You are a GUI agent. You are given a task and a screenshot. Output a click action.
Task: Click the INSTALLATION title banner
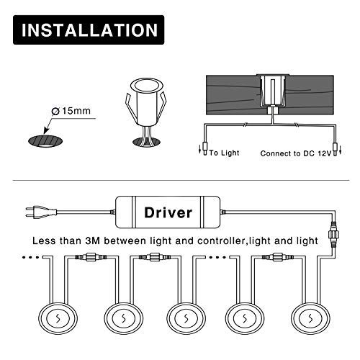coord(90,30)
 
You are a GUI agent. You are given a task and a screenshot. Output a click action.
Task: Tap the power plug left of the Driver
coord(37,212)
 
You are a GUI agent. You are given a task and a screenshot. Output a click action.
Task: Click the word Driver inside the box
coord(168,212)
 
